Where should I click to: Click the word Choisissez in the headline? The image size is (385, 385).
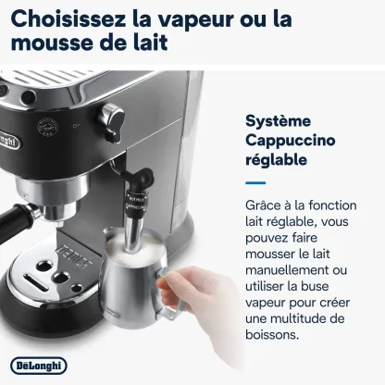68,19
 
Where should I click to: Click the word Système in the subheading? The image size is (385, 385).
278,120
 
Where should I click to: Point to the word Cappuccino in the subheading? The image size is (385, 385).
291,141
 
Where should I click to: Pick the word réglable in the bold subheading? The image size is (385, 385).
276,159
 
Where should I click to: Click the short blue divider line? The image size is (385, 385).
255,183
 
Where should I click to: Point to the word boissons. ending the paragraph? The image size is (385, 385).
272,334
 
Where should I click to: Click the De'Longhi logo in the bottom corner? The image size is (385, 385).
39,366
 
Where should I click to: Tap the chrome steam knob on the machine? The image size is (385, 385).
111,122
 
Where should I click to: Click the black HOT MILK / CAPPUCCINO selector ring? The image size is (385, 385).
136,202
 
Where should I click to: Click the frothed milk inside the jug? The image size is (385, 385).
134,243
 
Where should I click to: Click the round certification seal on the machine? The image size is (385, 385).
47,127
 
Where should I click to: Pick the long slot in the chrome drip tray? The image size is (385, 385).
36,282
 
